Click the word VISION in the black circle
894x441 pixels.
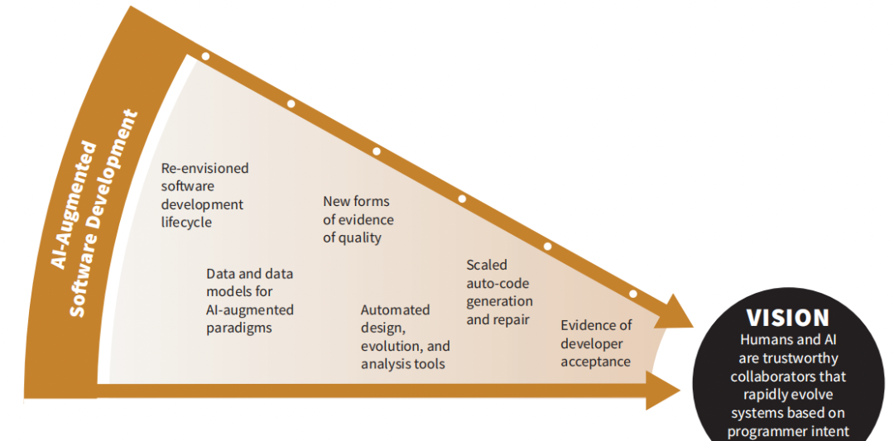click(x=787, y=318)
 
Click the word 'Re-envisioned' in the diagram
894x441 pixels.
click(x=204, y=168)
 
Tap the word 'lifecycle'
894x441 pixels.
click(x=186, y=222)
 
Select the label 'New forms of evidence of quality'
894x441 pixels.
click(x=358, y=219)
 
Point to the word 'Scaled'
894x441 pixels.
click(x=487, y=265)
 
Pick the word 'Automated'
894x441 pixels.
click(x=395, y=309)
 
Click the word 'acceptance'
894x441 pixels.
click(x=595, y=361)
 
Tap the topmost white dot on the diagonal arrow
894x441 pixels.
click(x=205, y=57)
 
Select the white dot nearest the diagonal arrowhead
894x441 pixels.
click(x=632, y=293)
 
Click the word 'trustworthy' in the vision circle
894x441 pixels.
click(x=787, y=358)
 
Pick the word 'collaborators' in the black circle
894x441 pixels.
click(x=787, y=376)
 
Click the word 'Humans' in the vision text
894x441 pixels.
click(x=768, y=340)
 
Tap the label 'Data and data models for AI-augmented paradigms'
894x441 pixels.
click(x=249, y=300)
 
